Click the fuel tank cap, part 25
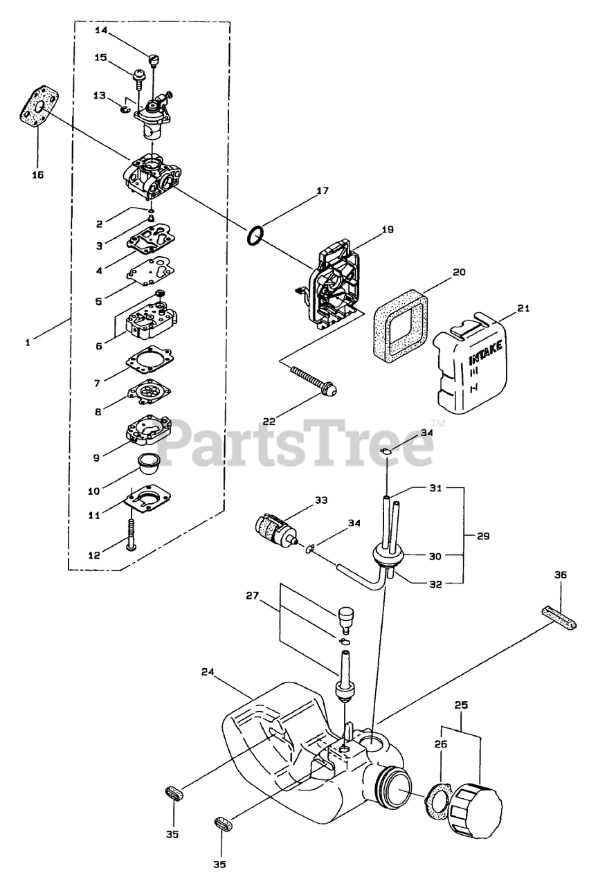pos(475,807)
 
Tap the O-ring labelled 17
pos(255,235)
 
